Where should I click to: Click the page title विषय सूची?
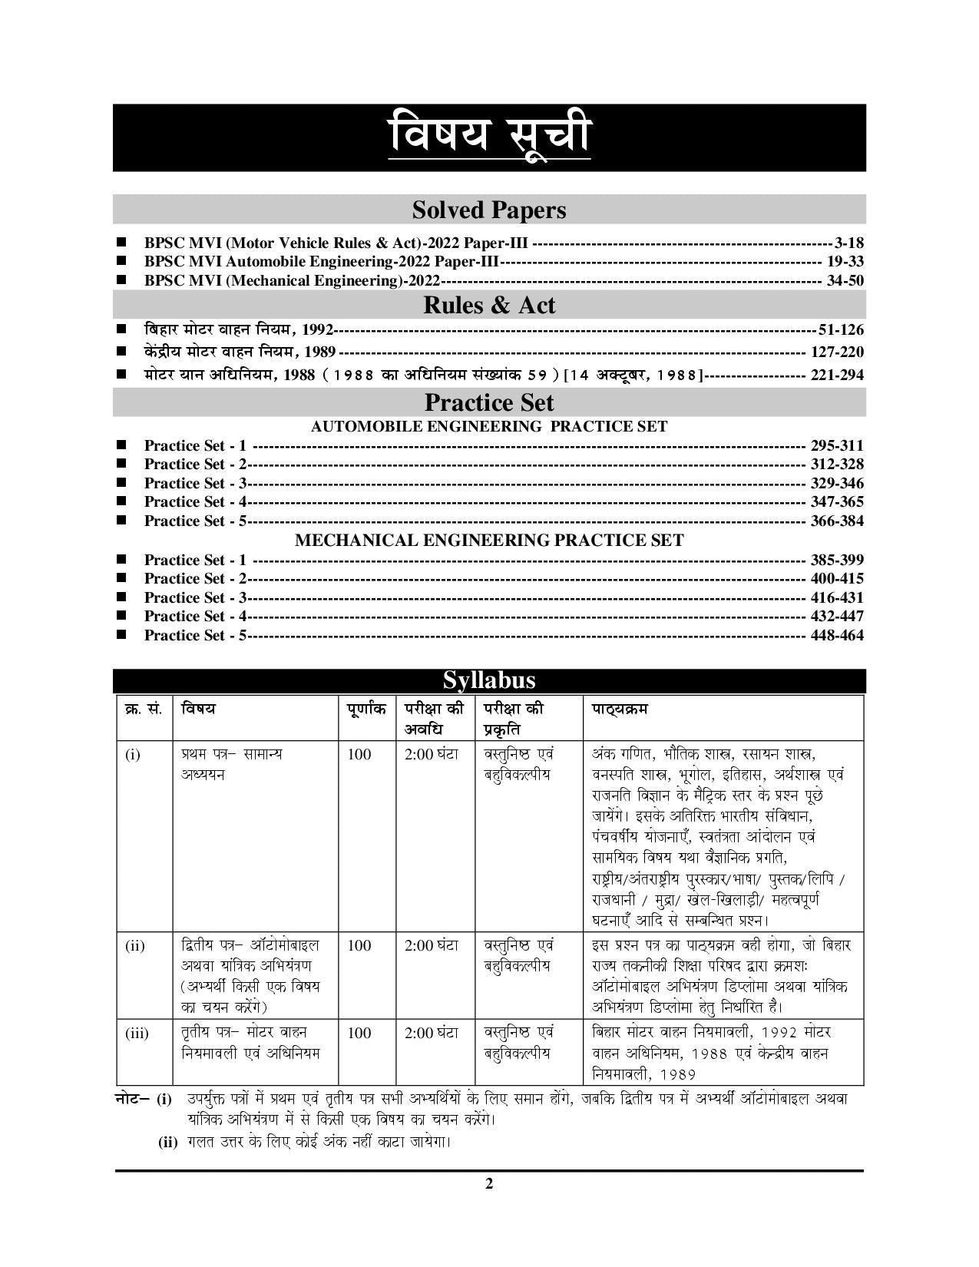(489, 135)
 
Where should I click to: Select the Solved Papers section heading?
(489, 210)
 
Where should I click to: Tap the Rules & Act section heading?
(489, 306)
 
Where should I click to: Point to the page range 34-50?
(845, 280)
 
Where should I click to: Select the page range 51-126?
(841, 330)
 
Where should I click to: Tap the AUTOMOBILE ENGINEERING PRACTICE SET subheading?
(489, 426)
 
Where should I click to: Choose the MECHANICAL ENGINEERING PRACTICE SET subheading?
(489, 541)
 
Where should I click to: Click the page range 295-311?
(837, 445)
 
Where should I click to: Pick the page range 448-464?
(837, 635)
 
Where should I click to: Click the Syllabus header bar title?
(489, 681)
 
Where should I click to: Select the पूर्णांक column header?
(367, 709)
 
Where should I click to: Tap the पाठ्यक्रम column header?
(619, 709)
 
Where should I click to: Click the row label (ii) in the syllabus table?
(134, 946)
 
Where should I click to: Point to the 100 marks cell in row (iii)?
(359, 1033)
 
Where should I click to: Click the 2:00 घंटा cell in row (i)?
(432, 754)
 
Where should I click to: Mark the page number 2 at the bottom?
(489, 1183)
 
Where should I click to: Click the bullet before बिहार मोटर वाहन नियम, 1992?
(121, 329)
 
